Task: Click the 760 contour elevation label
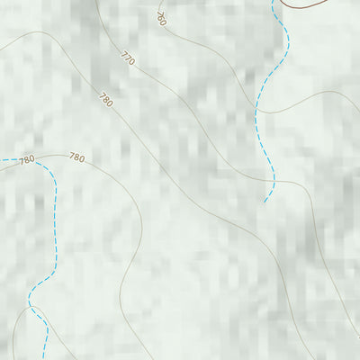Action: tap(160, 17)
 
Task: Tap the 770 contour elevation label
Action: tap(127, 59)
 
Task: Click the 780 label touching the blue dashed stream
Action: tap(26, 159)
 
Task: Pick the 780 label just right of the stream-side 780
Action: tap(76, 157)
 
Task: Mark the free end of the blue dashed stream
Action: tap(265, 202)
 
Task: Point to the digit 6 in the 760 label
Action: tap(160, 17)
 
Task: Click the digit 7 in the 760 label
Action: tap(157, 13)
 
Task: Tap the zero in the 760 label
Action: tap(163, 22)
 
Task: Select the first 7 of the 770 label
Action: tap(123, 56)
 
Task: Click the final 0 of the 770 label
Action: tap(130, 64)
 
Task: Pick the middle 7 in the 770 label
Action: tap(127, 59)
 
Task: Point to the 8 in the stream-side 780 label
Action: tap(26, 159)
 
